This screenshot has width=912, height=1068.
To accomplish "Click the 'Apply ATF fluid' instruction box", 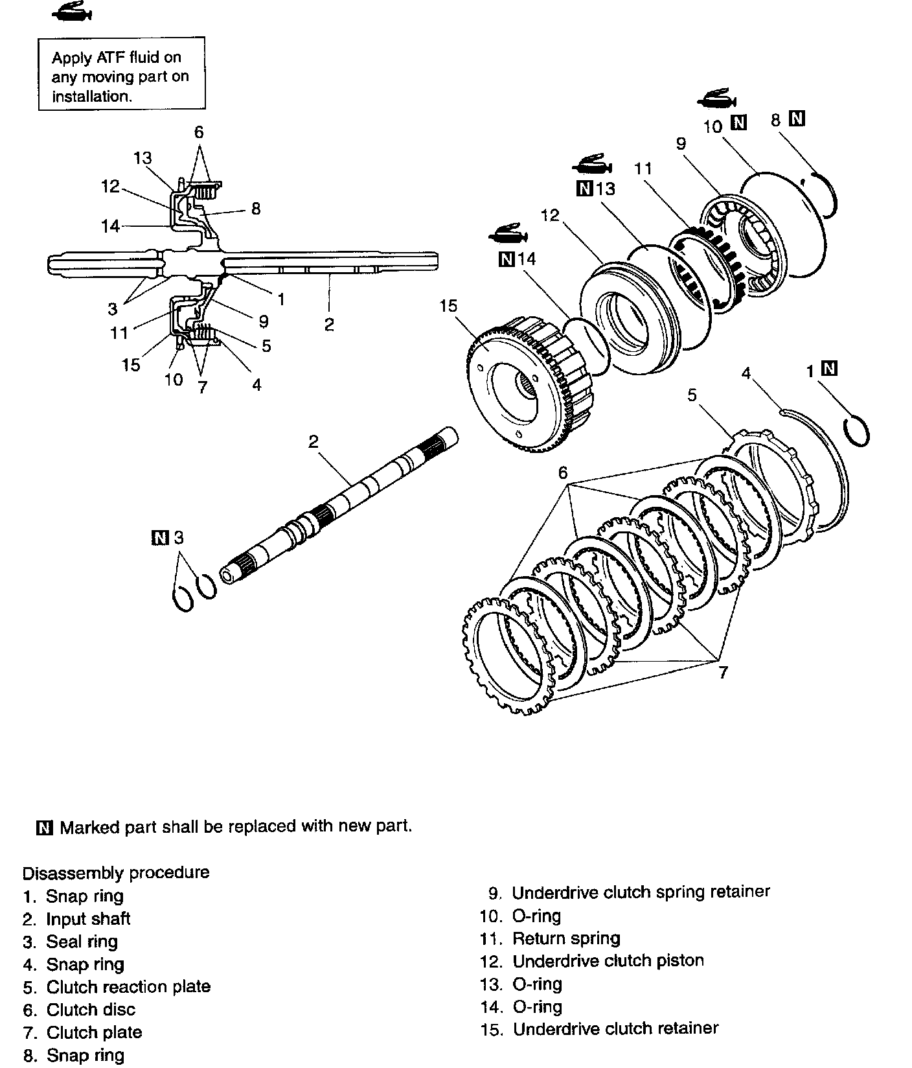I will click(x=121, y=73).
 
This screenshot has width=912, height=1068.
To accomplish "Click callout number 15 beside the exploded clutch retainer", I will click(x=448, y=305).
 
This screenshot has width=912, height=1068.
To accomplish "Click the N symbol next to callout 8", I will click(x=797, y=119).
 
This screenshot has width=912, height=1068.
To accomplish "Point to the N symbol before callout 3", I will click(x=159, y=537).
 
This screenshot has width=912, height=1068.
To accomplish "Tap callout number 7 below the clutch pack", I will click(x=723, y=672).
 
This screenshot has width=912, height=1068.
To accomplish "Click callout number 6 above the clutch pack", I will click(x=563, y=473).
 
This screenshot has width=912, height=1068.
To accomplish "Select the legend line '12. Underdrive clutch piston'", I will click(x=591, y=960).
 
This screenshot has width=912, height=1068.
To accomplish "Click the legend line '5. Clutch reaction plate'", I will click(x=117, y=987).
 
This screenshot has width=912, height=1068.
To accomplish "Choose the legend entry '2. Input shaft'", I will click(x=76, y=919).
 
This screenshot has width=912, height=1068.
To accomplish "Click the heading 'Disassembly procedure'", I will click(x=116, y=872).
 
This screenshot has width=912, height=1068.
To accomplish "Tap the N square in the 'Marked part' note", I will click(x=45, y=828).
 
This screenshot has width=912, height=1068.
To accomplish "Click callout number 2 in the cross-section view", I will click(x=329, y=324).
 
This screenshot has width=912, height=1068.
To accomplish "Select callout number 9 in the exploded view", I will click(x=681, y=143).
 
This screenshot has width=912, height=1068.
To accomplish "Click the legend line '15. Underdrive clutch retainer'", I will click(x=599, y=1029).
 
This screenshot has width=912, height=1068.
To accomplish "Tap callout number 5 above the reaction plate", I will click(x=692, y=395).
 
